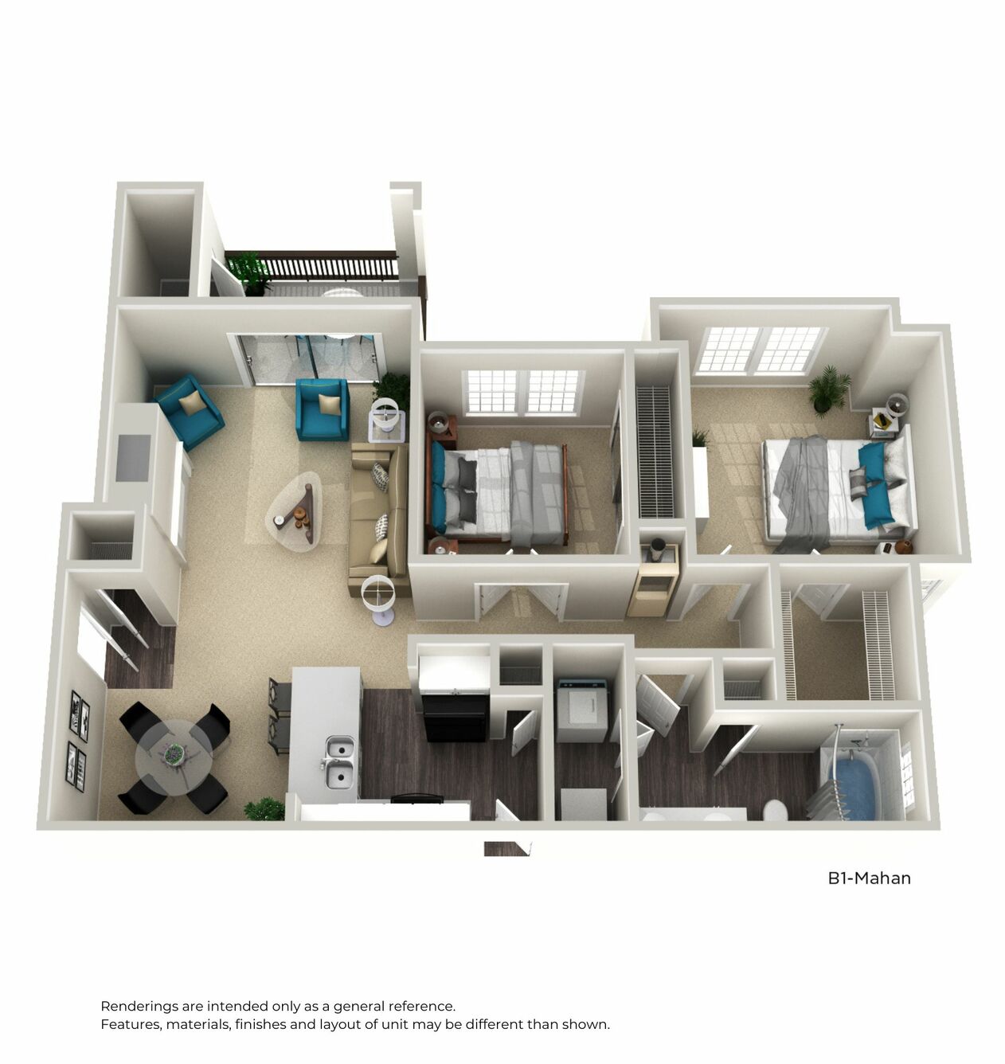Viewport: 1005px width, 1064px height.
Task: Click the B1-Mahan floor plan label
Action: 869,878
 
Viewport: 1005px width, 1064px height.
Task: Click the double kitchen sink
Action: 339,760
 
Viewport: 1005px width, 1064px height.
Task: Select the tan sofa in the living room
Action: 378,518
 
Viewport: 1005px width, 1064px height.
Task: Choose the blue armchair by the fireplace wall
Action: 189,410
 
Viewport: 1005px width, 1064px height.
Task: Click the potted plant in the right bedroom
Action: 828,389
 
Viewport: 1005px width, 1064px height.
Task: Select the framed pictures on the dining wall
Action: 77,737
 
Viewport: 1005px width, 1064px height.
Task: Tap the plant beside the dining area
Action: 264,808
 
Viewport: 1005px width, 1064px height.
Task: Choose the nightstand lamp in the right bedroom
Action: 897,404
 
